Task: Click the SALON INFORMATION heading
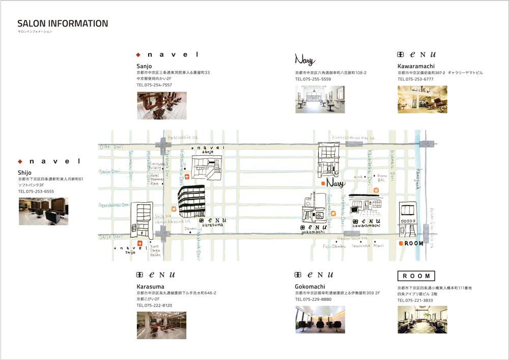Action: (63, 24)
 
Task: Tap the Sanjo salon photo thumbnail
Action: (161, 105)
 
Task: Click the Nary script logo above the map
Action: (305, 59)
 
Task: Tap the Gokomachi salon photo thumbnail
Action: (320, 320)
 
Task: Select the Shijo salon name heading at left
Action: (24, 173)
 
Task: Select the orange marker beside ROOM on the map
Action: (401, 243)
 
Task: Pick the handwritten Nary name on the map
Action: (335, 183)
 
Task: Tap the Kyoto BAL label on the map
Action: (381, 178)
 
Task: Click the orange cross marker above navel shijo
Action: (139, 243)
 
